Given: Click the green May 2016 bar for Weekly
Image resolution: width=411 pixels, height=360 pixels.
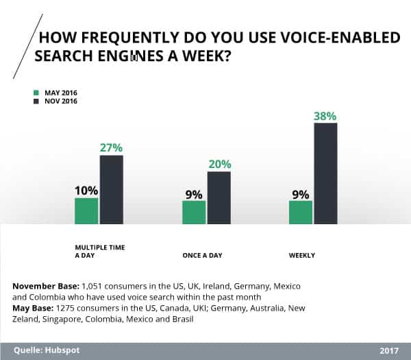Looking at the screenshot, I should (x=301, y=212).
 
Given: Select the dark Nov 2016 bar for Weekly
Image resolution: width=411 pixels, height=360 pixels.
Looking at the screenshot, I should (x=325, y=173).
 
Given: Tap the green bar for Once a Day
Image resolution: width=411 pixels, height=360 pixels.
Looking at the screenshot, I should (x=194, y=212).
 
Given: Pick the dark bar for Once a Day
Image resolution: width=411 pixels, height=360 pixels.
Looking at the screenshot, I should (x=219, y=197).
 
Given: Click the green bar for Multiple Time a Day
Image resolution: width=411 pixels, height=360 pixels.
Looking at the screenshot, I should (x=86, y=211).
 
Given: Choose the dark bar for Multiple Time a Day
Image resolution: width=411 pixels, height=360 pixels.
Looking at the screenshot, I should (x=112, y=189).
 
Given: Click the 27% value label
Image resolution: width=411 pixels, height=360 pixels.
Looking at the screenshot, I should (x=111, y=147).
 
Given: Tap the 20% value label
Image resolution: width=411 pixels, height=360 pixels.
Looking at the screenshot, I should (x=219, y=164).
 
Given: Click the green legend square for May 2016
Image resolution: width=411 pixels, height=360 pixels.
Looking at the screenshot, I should (x=36, y=92).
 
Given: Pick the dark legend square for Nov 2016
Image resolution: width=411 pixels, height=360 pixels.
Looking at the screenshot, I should (x=36, y=101).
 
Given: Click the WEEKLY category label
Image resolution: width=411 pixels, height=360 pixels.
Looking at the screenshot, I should (x=302, y=255).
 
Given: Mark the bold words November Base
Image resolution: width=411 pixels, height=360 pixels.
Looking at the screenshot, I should (x=46, y=285).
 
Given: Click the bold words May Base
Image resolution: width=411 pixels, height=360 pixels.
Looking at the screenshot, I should (x=33, y=309).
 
